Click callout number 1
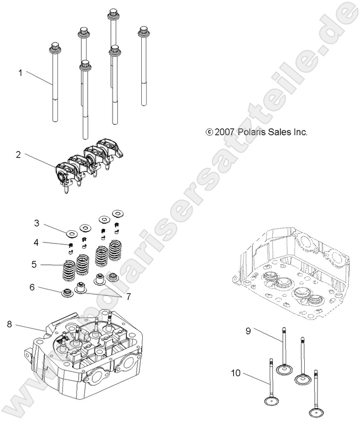[x=21, y=73]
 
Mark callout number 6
[x=32, y=287]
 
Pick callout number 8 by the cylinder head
[x=9, y=324]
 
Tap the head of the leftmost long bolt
[x=55, y=48]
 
